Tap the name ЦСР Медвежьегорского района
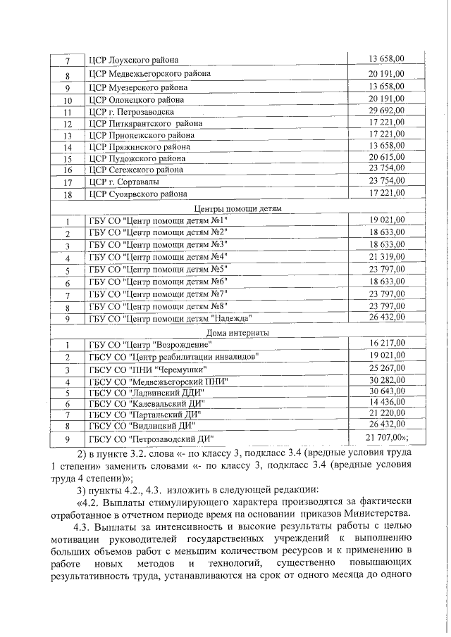[150, 74]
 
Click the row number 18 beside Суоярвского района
[68, 194]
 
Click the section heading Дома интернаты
[237, 332]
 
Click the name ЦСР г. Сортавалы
[124, 181]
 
